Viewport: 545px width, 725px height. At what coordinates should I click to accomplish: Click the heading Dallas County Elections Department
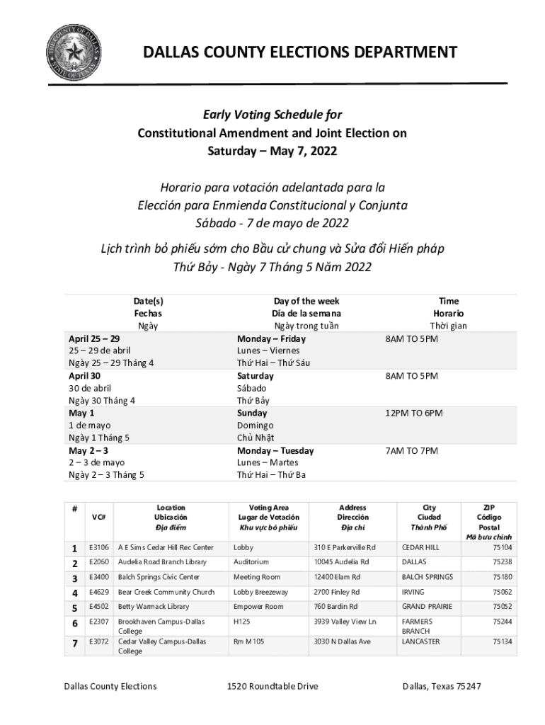point(300,52)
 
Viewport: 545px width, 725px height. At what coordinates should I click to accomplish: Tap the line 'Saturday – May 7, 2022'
point(272,151)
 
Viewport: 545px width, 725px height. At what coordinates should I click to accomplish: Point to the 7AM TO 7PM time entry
point(411,450)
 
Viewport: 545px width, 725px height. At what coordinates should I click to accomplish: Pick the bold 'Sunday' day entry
point(252,413)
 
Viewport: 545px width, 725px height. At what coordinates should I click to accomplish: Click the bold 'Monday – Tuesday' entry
point(275,450)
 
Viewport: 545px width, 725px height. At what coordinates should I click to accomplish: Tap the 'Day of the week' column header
point(306,301)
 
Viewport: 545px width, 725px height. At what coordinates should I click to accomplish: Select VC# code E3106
point(98,547)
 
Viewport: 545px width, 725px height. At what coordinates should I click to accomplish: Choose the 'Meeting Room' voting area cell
point(257,577)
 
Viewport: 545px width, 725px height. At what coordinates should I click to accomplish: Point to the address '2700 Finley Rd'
point(337,592)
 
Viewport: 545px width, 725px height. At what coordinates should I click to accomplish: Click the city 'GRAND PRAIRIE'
point(423,607)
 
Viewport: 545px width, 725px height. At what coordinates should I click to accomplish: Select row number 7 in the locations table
point(74,642)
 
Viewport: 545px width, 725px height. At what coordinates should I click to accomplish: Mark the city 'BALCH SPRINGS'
point(428,577)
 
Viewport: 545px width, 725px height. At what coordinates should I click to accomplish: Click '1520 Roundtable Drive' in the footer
point(272,686)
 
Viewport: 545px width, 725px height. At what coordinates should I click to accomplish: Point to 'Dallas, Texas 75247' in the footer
point(442,686)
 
